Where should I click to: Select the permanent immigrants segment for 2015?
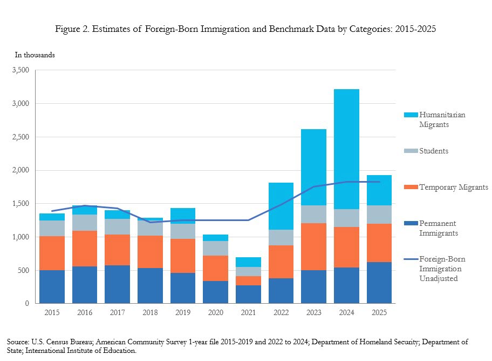[52, 286]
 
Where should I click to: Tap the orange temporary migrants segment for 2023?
[313, 246]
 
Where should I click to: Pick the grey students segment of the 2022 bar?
[281, 237]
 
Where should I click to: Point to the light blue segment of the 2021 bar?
[248, 262]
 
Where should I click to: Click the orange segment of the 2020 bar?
[215, 268]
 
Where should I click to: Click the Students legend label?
[434, 151]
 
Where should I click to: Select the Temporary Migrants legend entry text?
[454, 187]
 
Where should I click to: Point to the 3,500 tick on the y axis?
[22, 70]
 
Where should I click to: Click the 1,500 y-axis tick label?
[22, 204]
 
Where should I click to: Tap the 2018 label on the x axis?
[150, 312]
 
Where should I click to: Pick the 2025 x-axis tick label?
[379, 312]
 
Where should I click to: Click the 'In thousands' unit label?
[35, 55]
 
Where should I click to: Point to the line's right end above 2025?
[379, 182]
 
